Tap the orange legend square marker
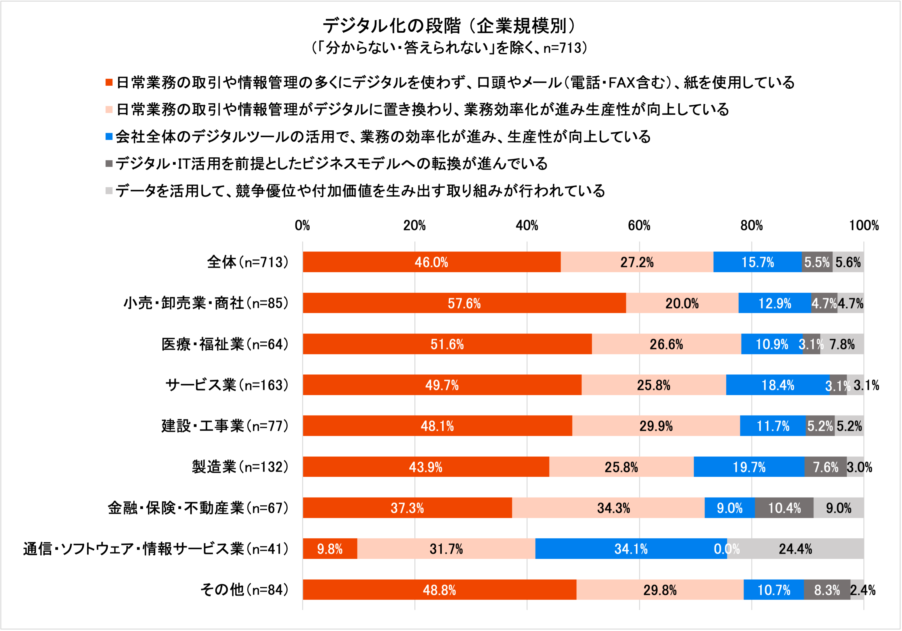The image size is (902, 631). [x=109, y=83]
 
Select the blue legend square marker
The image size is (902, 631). [x=109, y=137]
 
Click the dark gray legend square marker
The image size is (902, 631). [x=109, y=163]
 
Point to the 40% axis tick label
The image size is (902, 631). [x=526, y=226]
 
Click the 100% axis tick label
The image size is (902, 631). [x=864, y=226]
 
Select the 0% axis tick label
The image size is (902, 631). [x=302, y=226]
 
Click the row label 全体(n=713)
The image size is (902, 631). [x=248, y=262]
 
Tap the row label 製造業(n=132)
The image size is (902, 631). [x=240, y=467]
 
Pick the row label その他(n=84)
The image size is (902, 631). [x=244, y=590]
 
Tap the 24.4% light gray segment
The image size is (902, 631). [x=795, y=549]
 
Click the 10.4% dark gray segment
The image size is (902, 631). [x=784, y=508]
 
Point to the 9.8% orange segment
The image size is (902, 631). [x=330, y=549]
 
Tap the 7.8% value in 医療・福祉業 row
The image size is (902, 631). [x=842, y=344]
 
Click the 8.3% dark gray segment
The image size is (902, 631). [x=827, y=590]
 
